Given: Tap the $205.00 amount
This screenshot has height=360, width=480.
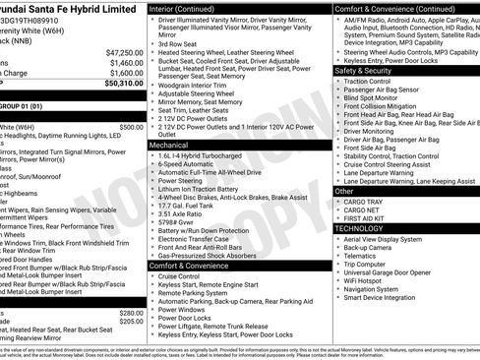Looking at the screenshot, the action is [x=131, y=320].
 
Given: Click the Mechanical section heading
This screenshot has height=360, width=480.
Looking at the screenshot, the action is [x=170, y=145].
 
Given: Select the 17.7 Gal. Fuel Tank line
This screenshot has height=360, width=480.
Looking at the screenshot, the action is [x=190, y=205].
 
